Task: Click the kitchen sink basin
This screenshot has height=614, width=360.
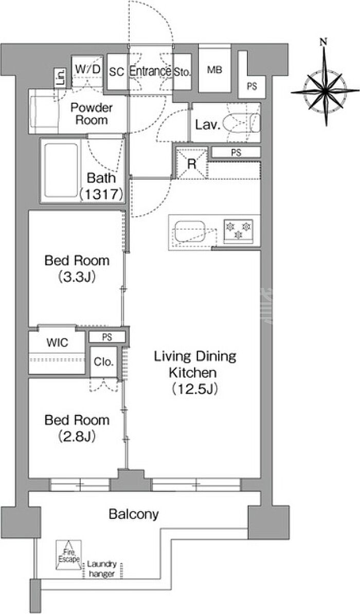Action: pyautogui.click(x=190, y=231)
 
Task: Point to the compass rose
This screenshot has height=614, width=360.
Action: pyautogui.click(x=326, y=91)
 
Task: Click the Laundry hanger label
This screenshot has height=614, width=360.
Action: pyautogui.click(x=102, y=569)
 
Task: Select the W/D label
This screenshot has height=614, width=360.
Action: pyautogui.click(x=88, y=69)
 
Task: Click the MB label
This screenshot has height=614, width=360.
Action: pyautogui.click(x=214, y=70)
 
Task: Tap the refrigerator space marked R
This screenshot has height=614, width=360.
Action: pyautogui.click(x=191, y=164)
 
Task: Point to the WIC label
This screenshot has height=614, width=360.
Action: pyautogui.click(x=57, y=343)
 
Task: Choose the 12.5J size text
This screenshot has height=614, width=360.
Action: pyautogui.click(x=194, y=389)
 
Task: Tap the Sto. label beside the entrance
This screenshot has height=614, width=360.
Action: pyautogui.click(x=182, y=72)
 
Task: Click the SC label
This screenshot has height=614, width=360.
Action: pyautogui.click(x=116, y=71)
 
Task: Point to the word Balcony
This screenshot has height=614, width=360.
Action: pyautogui.click(x=134, y=514)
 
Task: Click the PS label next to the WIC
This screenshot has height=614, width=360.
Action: pyautogui.click(x=106, y=337)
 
